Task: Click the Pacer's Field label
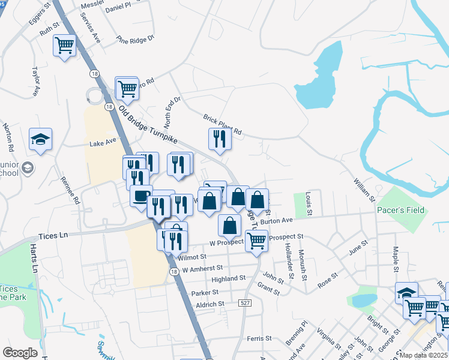tap(400, 210)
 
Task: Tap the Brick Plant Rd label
tap(222, 124)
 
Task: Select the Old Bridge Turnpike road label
tap(149, 125)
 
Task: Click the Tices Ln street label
tap(53, 236)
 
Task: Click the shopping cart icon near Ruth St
tap(64, 45)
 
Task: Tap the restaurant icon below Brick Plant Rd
tap(220, 139)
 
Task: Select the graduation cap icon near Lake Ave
tap(40, 140)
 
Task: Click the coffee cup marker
tap(141, 196)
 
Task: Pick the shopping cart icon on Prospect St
tap(256, 241)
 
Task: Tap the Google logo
tap(20, 353)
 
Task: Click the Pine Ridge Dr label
tap(136, 40)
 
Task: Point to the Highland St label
tap(229, 278)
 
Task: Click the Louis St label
tap(309, 203)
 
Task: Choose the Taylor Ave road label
tap(35, 82)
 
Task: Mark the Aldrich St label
tap(210, 304)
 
